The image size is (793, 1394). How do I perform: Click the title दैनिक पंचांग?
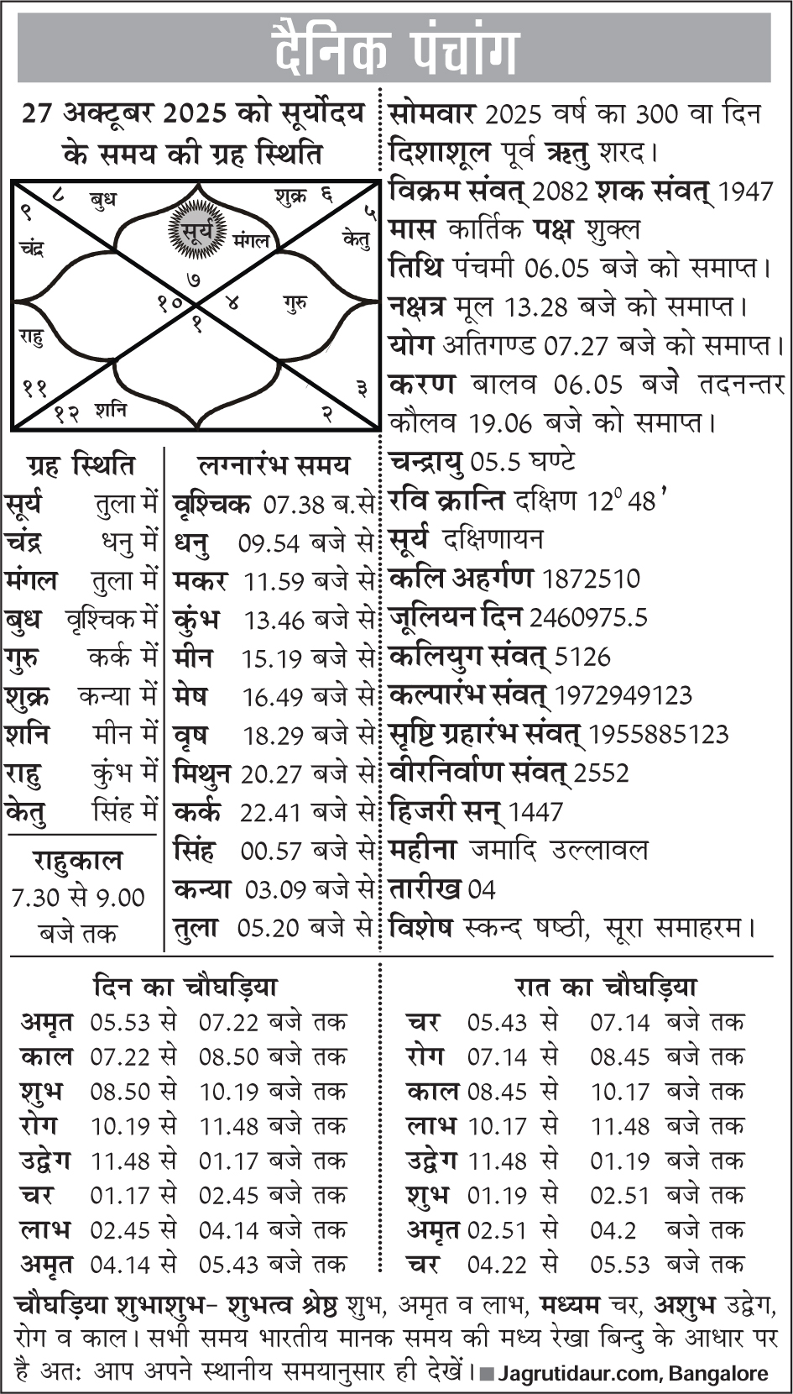coord(394,49)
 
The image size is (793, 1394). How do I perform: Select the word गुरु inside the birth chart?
coord(295,303)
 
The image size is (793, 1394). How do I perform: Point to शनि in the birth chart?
coord(111,410)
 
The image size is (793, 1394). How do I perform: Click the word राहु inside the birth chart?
coord(31,337)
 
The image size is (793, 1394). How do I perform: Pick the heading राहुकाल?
coord(78,861)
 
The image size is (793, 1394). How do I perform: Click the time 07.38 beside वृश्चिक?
coord(294,505)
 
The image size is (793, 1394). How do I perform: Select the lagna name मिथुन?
coord(201,773)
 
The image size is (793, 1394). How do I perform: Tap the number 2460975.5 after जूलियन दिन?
coord(587,618)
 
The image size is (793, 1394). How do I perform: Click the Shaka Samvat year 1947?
coord(745,192)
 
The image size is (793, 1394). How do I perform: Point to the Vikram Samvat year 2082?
coord(560,192)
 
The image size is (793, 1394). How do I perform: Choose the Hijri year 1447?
coord(535,812)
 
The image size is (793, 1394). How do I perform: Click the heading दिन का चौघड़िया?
coord(185,987)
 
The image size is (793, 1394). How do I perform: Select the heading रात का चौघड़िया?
coord(606,987)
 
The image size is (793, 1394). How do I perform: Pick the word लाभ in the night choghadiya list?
coord(430,1126)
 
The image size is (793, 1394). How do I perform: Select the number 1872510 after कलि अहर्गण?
coord(591,579)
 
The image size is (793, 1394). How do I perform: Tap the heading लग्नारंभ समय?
coord(274,465)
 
